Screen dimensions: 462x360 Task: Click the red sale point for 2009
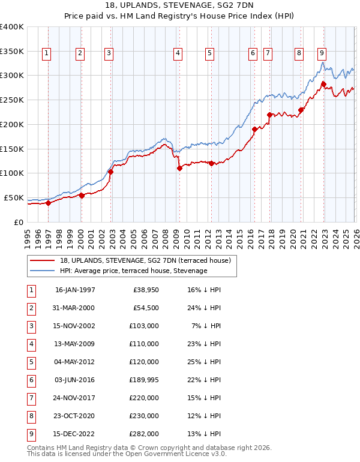(179, 169)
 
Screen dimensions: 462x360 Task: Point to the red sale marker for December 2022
(323, 84)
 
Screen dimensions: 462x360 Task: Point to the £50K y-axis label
(14, 197)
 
